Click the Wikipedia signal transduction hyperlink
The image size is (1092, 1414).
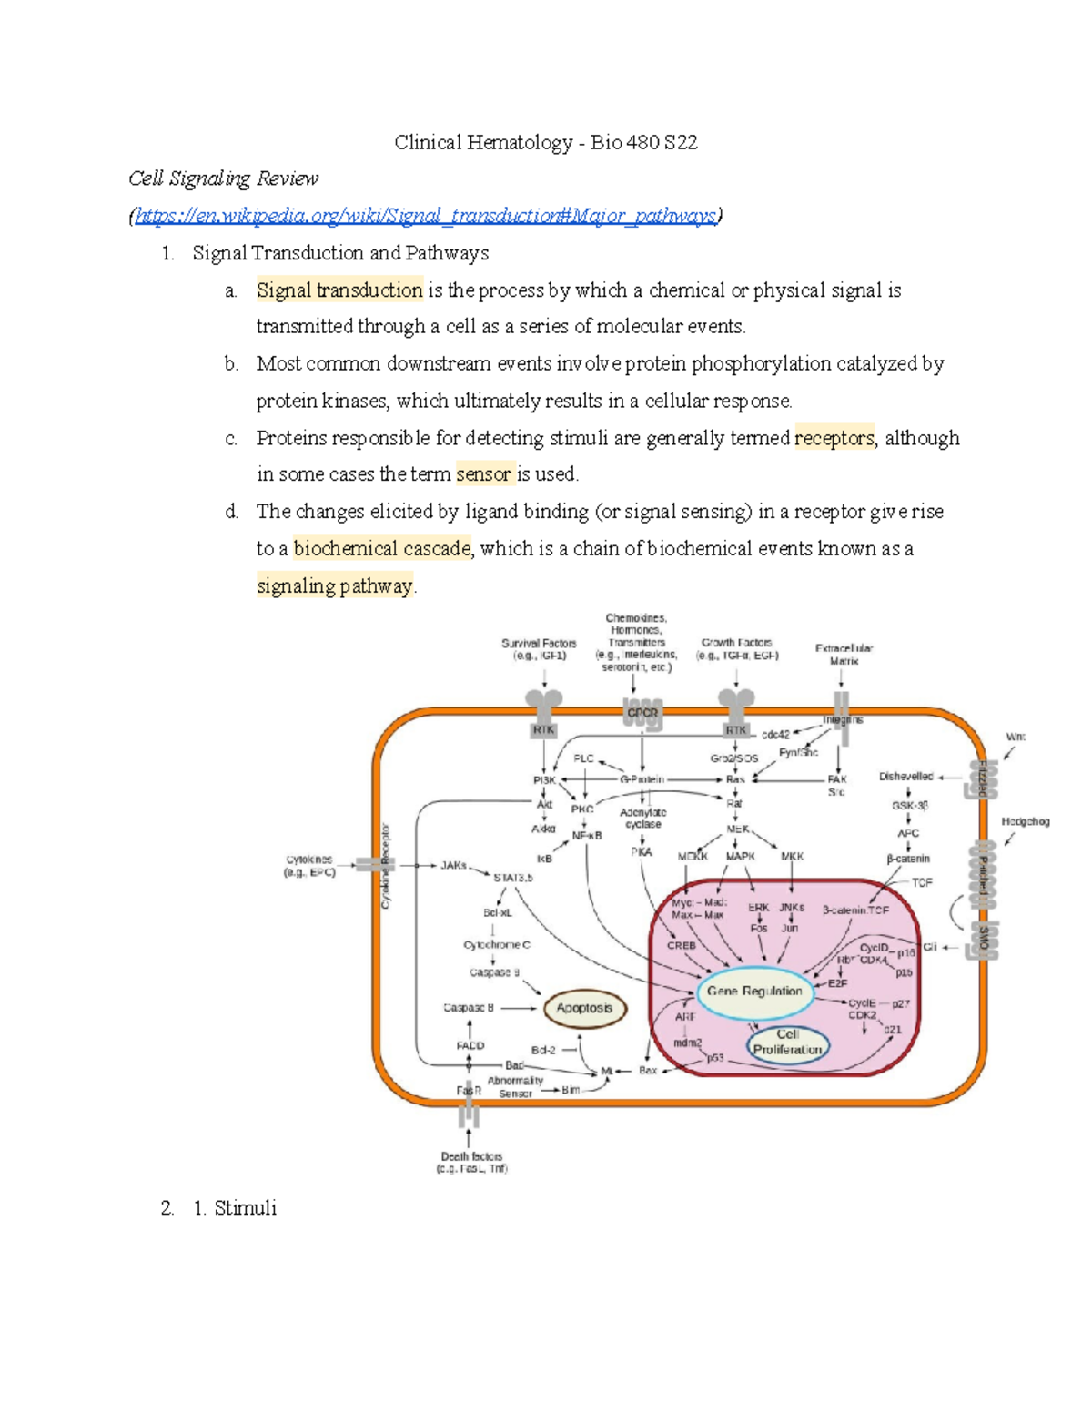[x=426, y=216]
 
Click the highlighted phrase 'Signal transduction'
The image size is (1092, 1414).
[x=339, y=290]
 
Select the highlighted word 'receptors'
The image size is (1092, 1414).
[x=834, y=438]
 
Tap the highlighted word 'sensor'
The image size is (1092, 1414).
[x=483, y=474]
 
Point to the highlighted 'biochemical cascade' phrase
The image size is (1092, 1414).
[x=382, y=549]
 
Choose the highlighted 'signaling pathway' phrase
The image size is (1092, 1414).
[x=334, y=586]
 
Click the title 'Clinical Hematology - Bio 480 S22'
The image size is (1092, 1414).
[x=546, y=142]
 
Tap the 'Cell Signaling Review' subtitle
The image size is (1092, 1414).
[x=224, y=178]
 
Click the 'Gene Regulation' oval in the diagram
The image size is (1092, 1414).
[x=754, y=992]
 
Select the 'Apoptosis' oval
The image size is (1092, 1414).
[x=584, y=1009]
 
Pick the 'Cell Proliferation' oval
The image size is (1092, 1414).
[x=787, y=1043]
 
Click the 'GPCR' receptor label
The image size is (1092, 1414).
[x=642, y=713]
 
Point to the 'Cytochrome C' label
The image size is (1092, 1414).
[x=496, y=945]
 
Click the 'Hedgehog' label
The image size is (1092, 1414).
[x=1026, y=821]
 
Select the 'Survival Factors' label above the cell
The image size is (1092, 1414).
[x=539, y=649]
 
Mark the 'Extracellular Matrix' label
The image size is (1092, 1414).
[x=844, y=655]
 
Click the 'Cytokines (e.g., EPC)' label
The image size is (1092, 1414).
[x=310, y=866]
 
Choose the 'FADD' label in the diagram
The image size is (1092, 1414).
[x=470, y=1046]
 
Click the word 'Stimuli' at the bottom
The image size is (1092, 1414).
[x=246, y=1208]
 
